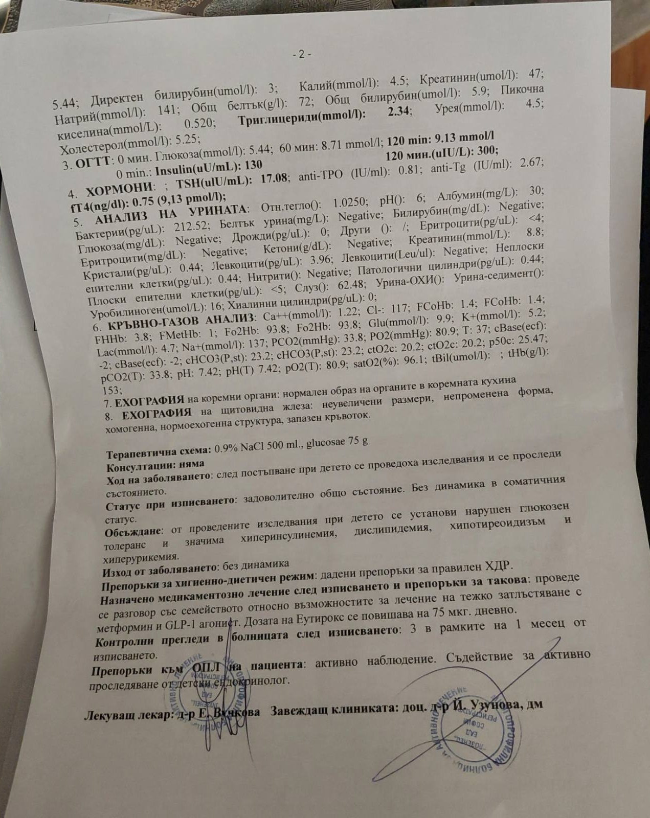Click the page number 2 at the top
click(301, 54)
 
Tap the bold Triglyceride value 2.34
click(398, 111)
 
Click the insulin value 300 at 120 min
click(486, 150)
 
